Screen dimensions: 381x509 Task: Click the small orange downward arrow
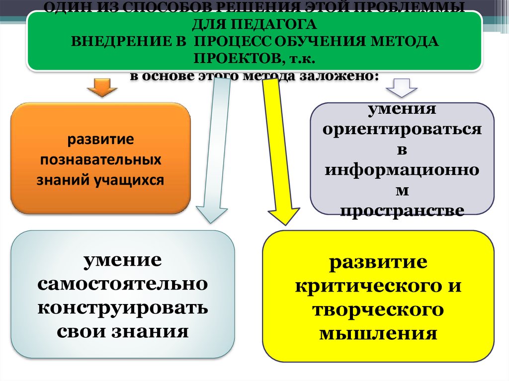[102, 88]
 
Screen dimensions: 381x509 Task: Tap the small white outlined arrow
[402, 87]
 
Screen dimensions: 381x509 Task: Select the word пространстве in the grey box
[402, 211]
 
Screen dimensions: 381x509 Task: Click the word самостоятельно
[122, 284]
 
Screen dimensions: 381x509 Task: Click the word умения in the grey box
[402, 108]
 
